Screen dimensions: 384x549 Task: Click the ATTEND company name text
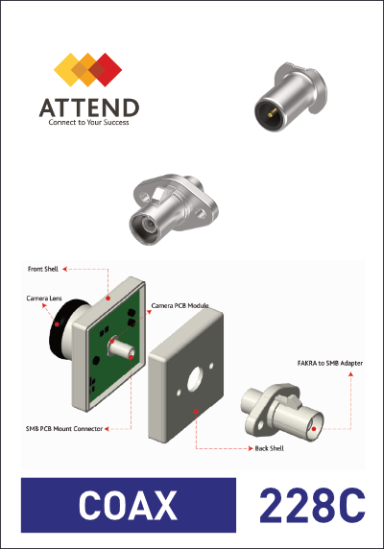(x=89, y=107)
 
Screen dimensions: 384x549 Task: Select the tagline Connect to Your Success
(x=88, y=122)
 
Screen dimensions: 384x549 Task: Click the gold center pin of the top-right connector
(x=272, y=112)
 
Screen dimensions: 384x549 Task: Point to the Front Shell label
(x=42, y=269)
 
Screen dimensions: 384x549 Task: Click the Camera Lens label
(x=44, y=298)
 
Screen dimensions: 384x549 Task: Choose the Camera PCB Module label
(x=180, y=305)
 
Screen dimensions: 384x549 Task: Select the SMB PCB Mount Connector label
(x=64, y=429)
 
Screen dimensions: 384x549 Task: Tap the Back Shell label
(x=269, y=448)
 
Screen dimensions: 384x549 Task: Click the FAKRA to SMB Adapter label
(x=330, y=363)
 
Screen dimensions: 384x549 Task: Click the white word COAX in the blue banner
(x=128, y=505)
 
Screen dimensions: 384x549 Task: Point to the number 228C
(x=312, y=505)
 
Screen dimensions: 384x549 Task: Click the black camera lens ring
(x=56, y=333)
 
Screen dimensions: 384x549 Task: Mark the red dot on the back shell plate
(x=196, y=412)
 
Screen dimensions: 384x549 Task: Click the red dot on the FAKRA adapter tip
(x=314, y=429)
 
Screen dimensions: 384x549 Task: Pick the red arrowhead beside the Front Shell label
(x=64, y=269)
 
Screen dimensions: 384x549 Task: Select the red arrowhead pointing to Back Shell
(x=251, y=448)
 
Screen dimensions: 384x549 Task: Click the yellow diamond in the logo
(x=68, y=70)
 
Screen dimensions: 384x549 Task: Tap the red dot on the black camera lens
(x=57, y=324)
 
